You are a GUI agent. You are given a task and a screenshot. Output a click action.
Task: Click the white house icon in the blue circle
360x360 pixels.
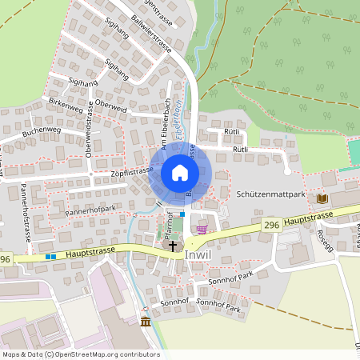(x=180, y=173)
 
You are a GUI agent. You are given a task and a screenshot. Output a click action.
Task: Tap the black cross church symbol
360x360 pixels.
(x=172, y=246)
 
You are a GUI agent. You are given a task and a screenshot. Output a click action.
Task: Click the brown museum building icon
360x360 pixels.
(x=145, y=322)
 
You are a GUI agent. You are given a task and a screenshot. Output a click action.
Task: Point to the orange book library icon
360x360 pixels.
(x=322, y=198)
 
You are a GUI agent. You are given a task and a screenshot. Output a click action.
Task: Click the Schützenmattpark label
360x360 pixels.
(x=272, y=194)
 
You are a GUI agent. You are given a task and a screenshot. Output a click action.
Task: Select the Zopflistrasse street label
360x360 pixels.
(x=123, y=171)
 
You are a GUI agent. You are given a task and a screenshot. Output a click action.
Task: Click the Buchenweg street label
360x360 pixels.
(x=42, y=130)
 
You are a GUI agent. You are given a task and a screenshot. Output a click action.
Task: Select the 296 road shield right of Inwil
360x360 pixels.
(x=272, y=228)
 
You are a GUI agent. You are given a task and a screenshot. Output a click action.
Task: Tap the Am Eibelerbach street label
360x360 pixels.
(x=168, y=126)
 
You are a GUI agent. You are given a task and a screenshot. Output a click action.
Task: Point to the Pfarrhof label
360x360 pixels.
(x=169, y=226)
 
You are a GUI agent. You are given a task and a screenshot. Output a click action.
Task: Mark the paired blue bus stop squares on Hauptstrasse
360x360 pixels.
(x=50, y=257)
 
